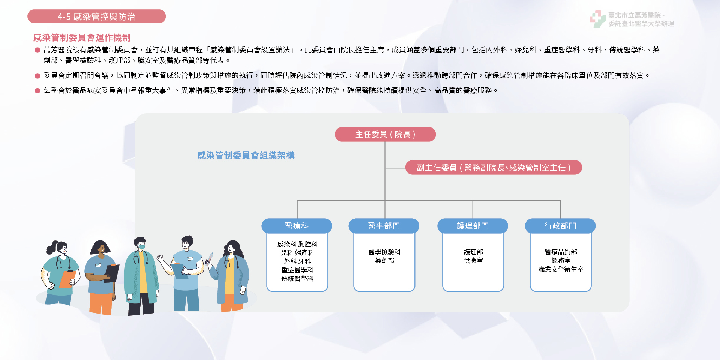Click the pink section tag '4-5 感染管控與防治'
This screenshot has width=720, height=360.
coord(96,16)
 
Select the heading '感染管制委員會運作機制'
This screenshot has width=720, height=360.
coord(82,37)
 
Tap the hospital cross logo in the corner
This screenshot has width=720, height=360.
coord(597,19)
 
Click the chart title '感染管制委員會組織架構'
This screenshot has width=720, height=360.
coord(246,155)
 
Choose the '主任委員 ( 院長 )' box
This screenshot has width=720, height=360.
coord(385,134)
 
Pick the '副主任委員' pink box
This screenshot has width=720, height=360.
coord(493,168)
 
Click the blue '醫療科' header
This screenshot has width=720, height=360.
coord(297,226)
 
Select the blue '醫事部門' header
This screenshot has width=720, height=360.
coord(384,226)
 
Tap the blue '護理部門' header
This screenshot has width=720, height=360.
coord(472,226)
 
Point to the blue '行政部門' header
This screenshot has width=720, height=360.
coord(560,226)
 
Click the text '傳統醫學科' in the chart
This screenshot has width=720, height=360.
coord(297,279)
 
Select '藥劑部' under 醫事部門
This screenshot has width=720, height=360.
coord(384,261)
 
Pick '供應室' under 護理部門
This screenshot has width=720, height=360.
coord(473,261)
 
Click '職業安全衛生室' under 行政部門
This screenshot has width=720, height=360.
coord(561,269)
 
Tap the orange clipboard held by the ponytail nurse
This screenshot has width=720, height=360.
coord(68,279)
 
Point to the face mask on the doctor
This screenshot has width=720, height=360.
coord(142,246)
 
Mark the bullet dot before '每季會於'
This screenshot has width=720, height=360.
coord(37,90)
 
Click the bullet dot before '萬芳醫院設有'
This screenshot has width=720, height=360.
coord(37,50)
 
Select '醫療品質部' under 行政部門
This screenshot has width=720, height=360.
coord(561,252)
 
